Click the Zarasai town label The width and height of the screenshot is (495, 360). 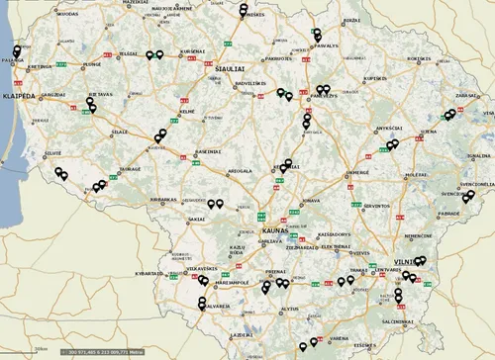tap(467, 96)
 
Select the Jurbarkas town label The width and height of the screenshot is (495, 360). tap(161, 199)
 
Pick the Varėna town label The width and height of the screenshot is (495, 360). tap(339, 337)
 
